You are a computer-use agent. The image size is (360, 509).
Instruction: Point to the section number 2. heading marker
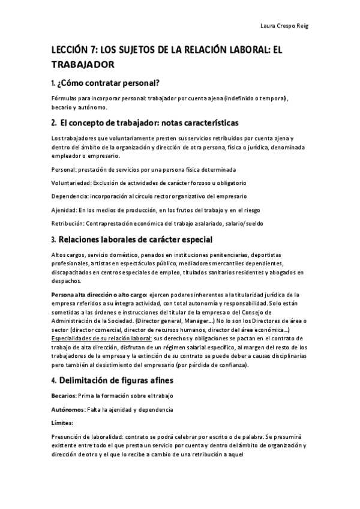[54, 123]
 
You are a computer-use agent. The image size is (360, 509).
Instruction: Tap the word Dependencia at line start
[71, 196]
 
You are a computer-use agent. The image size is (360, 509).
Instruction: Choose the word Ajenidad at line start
[64, 210]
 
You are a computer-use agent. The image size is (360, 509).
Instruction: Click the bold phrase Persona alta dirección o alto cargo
[99, 295]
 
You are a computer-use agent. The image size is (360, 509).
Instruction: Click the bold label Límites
[62, 423]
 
